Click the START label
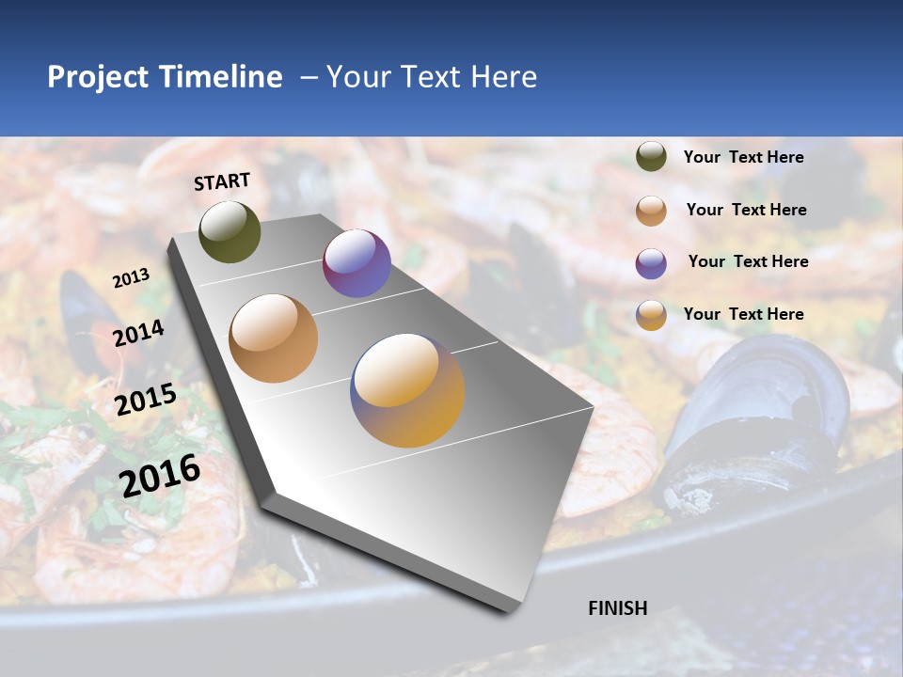[x=222, y=181]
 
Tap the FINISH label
[x=617, y=608]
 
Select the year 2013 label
[x=131, y=278]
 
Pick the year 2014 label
[x=139, y=334]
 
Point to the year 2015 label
[x=146, y=400]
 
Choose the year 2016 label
[x=160, y=475]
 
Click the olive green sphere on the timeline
[x=230, y=231]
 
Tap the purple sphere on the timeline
[x=356, y=263]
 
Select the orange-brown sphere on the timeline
[x=274, y=338]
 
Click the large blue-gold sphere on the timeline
[x=407, y=390]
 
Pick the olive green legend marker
[x=651, y=157]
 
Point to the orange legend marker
[x=651, y=211]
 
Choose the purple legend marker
[x=651, y=263]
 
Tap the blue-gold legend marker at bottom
[x=651, y=315]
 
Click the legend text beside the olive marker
[x=743, y=157]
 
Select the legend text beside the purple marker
[x=748, y=261]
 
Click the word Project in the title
[x=99, y=77]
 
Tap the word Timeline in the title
[x=221, y=77]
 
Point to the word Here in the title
[x=503, y=77]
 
